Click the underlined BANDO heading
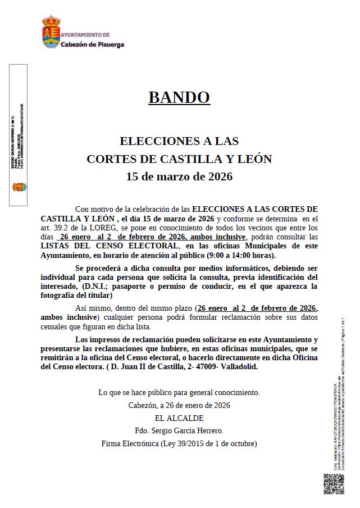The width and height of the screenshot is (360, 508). (x=179, y=97)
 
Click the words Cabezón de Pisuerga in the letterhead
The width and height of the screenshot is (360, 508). (x=92, y=44)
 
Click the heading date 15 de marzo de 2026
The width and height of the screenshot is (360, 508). (x=179, y=177)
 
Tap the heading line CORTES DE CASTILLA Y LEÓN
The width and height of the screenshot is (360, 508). (x=179, y=159)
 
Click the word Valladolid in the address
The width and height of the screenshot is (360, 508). (x=242, y=367)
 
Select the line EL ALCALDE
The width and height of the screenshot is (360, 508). (x=179, y=418)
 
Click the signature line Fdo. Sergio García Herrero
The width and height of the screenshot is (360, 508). (x=179, y=431)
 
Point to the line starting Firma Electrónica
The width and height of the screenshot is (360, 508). (x=179, y=443)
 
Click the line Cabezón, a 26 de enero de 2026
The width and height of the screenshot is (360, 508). (x=179, y=405)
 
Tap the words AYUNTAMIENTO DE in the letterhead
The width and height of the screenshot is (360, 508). (x=85, y=35)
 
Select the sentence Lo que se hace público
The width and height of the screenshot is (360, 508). (x=179, y=392)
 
